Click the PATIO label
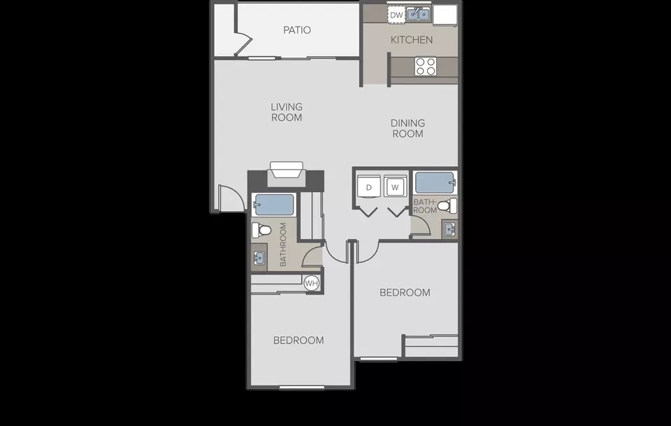coord(297,30)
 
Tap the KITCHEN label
coord(412,40)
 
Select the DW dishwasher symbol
coord(396,15)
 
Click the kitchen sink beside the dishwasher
coord(418,15)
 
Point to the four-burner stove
coord(426,66)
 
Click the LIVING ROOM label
coord(287,112)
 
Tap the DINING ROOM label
coord(407,128)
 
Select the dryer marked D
coord(369,186)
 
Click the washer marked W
coord(395,186)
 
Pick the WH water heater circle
coord(312,283)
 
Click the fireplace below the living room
coord(287,174)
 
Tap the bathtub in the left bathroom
coord(273,205)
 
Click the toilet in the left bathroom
coord(261,230)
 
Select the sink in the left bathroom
coord(259,258)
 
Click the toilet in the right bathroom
coord(447,206)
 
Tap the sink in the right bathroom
coord(449,230)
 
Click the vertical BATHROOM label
coord(283,244)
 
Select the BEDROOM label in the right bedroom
coord(405,293)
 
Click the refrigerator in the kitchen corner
coord(445,15)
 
